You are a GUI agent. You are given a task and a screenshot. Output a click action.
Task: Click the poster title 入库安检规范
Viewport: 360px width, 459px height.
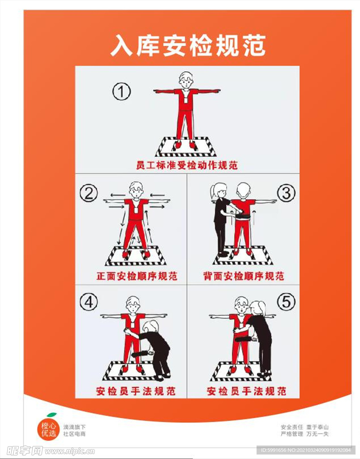pos(188,46)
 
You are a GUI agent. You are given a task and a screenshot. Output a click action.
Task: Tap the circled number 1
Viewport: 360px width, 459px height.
pos(121,91)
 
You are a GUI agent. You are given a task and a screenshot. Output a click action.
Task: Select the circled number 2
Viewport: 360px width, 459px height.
pos(89,194)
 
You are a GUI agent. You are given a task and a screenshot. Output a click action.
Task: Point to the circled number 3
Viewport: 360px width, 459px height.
pos(286,193)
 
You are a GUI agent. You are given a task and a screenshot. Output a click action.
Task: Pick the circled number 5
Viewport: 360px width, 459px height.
pos(286,302)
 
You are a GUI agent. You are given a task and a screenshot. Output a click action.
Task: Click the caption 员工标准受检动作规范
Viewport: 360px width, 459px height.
pos(187,165)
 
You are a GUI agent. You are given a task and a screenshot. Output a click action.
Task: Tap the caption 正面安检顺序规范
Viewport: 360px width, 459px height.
pos(137,276)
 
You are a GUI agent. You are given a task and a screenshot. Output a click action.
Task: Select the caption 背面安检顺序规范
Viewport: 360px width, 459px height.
pos(244,276)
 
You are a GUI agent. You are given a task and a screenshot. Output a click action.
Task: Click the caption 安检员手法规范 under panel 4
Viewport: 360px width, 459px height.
pos(136,391)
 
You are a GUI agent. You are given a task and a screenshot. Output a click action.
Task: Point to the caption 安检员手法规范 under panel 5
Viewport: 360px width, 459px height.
pos(246,391)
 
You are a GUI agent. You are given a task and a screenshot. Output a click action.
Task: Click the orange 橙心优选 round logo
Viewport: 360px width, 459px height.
pos(48,429)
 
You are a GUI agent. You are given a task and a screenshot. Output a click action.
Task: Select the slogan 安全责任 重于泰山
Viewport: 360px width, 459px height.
pos(304,427)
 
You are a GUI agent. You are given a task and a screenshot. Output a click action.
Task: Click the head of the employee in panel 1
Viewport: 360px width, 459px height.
pos(186,80)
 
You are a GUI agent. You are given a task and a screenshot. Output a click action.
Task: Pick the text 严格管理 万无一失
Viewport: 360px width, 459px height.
pos(304,434)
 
